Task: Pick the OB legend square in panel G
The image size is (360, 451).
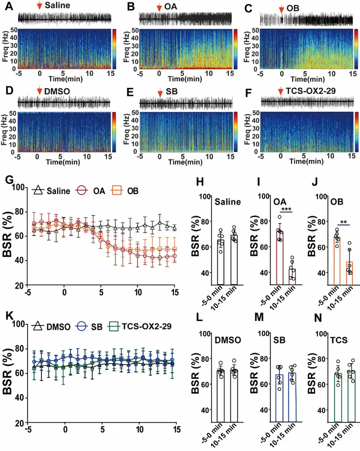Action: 117,190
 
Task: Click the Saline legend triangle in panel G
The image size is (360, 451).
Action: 37,190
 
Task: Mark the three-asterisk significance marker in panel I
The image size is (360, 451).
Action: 286,208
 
